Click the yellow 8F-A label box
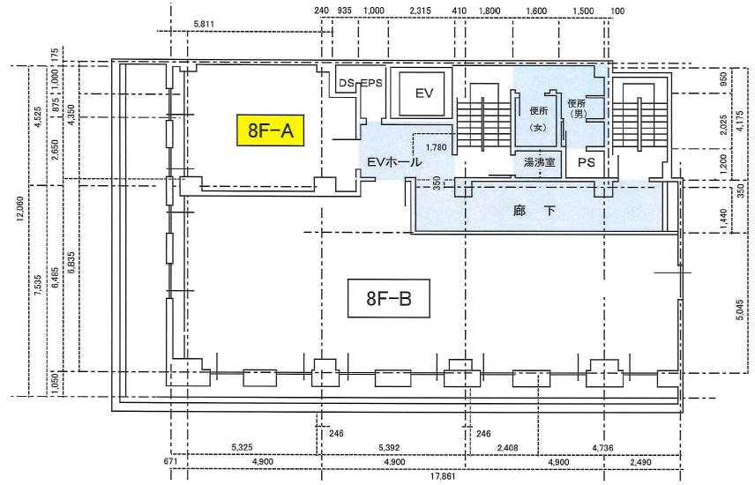[x=270, y=130]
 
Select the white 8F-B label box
[x=389, y=299]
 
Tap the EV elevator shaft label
[x=424, y=93]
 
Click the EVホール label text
[x=394, y=162]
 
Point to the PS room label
[x=586, y=163]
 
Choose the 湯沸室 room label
[x=539, y=163]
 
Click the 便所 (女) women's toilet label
[x=539, y=119]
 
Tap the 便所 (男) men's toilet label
[x=577, y=108]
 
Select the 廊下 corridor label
[x=534, y=211]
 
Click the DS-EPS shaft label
[x=360, y=83]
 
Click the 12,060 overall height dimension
[x=19, y=208]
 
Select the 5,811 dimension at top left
[x=204, y=24]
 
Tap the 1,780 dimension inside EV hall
[x=436, y=147]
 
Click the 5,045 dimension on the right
[x=740, y=310]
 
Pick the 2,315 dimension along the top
[x=420, y=11]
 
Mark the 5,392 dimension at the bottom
[x=389, y=447]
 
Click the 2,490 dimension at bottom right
[x=641, y=462]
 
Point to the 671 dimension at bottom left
[x=170, y=462]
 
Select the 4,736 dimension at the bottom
[x=602, y=447]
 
